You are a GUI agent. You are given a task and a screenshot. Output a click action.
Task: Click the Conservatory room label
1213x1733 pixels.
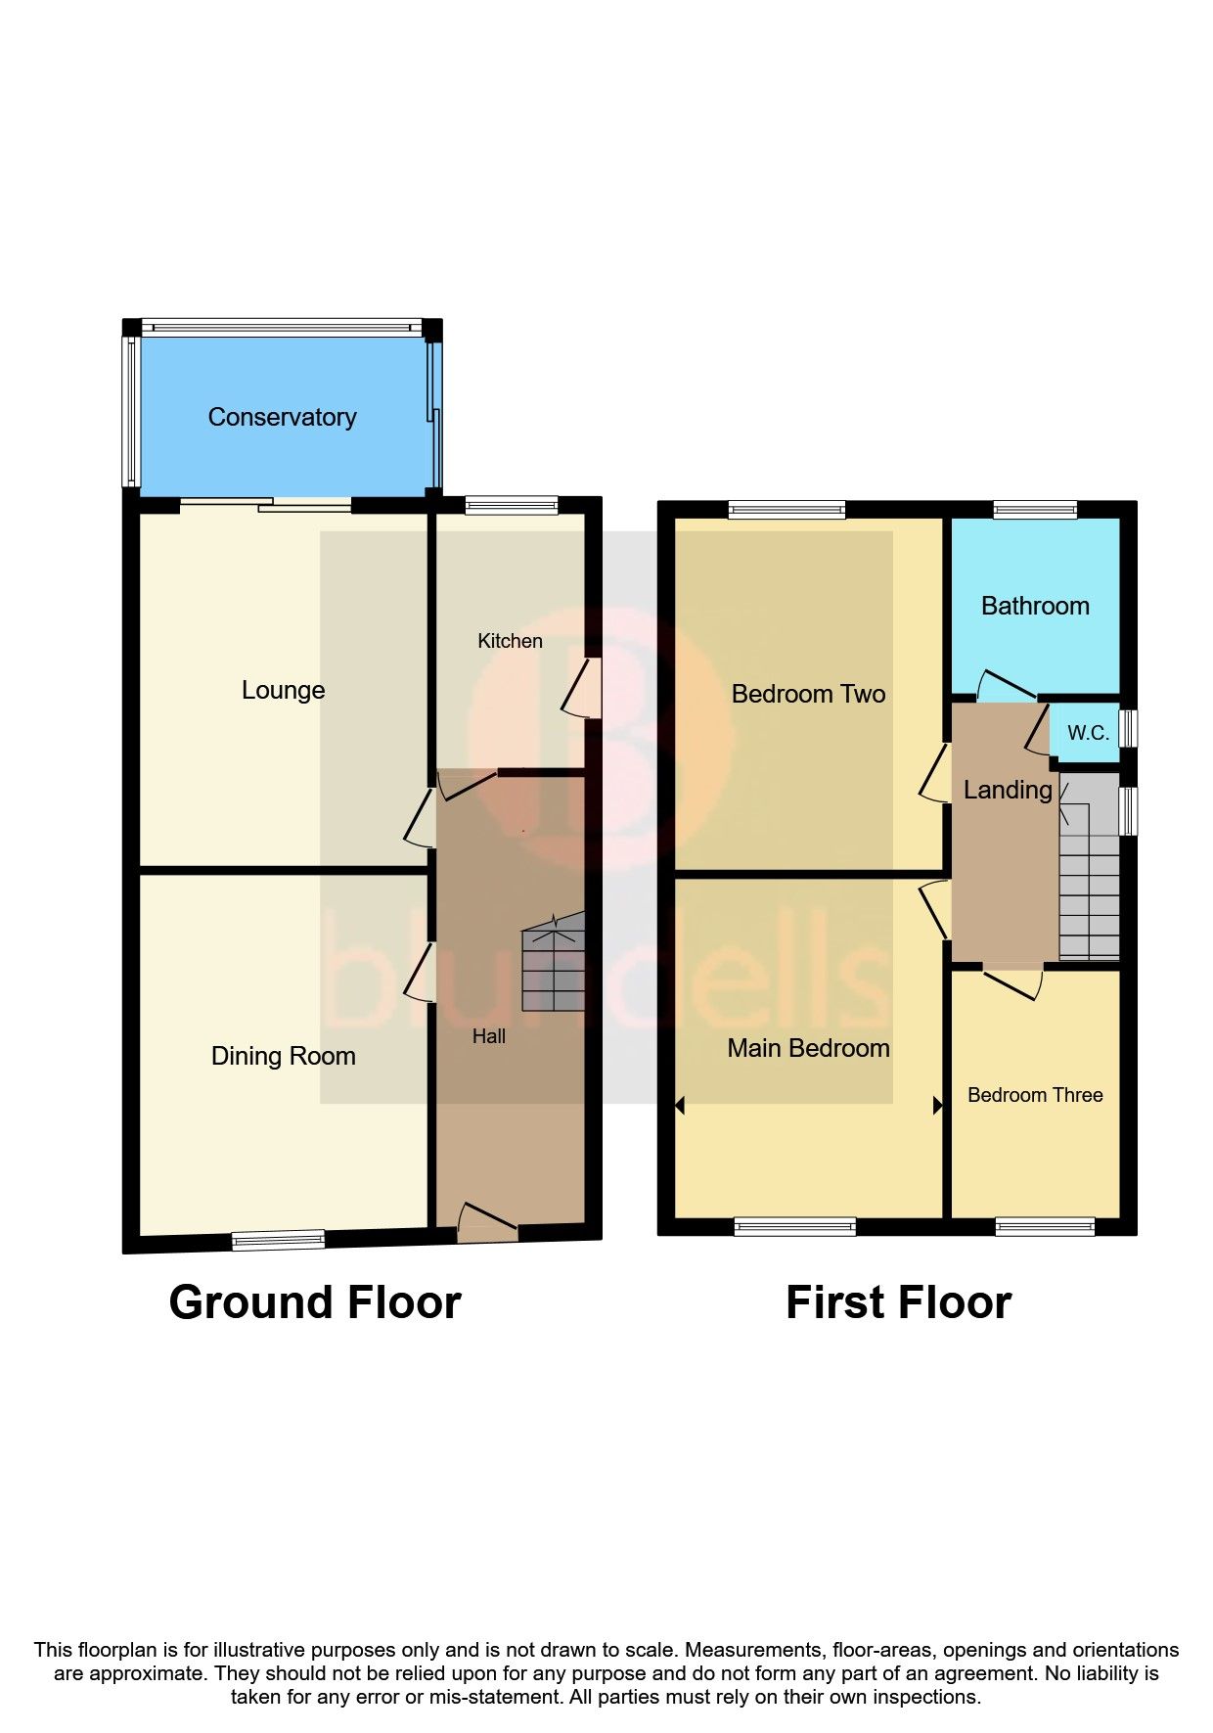tap(282, 417)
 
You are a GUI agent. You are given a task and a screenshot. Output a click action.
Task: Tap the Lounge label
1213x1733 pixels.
tap(283, 690)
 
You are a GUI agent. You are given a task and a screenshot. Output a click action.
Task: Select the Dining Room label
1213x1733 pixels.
tap(283, 1056)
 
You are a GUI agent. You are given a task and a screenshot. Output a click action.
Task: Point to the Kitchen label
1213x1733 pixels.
tap(510, 641)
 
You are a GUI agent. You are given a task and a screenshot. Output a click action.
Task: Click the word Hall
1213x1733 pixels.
tap(489, 1036)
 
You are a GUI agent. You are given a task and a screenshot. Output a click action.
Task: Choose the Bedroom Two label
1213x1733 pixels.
tap(808, 694)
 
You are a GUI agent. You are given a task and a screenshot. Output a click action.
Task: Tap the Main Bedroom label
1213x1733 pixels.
tap(808, 1048)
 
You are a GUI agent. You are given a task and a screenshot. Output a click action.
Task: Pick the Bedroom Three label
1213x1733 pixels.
tap(1035, 1095)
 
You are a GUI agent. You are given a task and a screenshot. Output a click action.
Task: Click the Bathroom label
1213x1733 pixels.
tap(1035, 606)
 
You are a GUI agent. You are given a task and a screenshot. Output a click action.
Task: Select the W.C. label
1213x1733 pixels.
tap(1088, 733)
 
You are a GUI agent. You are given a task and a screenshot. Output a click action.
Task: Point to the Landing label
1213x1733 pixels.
tap(1008, 790)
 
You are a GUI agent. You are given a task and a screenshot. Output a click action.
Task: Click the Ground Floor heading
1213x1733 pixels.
tap(314, 1302)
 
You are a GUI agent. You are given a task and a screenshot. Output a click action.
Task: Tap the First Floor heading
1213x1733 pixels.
tap(898, 1302)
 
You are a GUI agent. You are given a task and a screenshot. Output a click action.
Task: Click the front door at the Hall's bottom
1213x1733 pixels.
tap(486, 1223)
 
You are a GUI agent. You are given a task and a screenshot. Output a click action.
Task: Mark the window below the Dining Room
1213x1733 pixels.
tap(279, 1240)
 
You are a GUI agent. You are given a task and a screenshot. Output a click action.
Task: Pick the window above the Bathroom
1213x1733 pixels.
tap(1035, 509)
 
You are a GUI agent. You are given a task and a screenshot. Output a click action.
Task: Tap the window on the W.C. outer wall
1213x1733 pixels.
tap(1129, 728)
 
